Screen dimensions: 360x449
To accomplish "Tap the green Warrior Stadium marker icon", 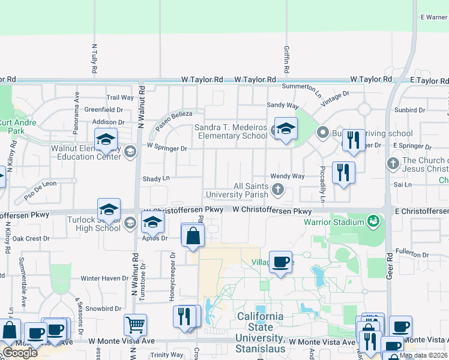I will coord(374,222).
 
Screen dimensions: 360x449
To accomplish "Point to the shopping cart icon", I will coord(135,325).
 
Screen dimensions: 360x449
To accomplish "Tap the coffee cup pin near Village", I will coord(280,262).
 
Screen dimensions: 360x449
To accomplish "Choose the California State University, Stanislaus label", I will coord(260,332).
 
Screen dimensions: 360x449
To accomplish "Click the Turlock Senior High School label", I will coord(99,224).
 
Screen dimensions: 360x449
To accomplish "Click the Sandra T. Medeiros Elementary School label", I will coord(231,131).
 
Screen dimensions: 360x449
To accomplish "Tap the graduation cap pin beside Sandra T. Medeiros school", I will coord(286,128).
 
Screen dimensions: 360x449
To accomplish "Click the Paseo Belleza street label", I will coord(174,121).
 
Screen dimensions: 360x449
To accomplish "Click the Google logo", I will coord(20,353).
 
